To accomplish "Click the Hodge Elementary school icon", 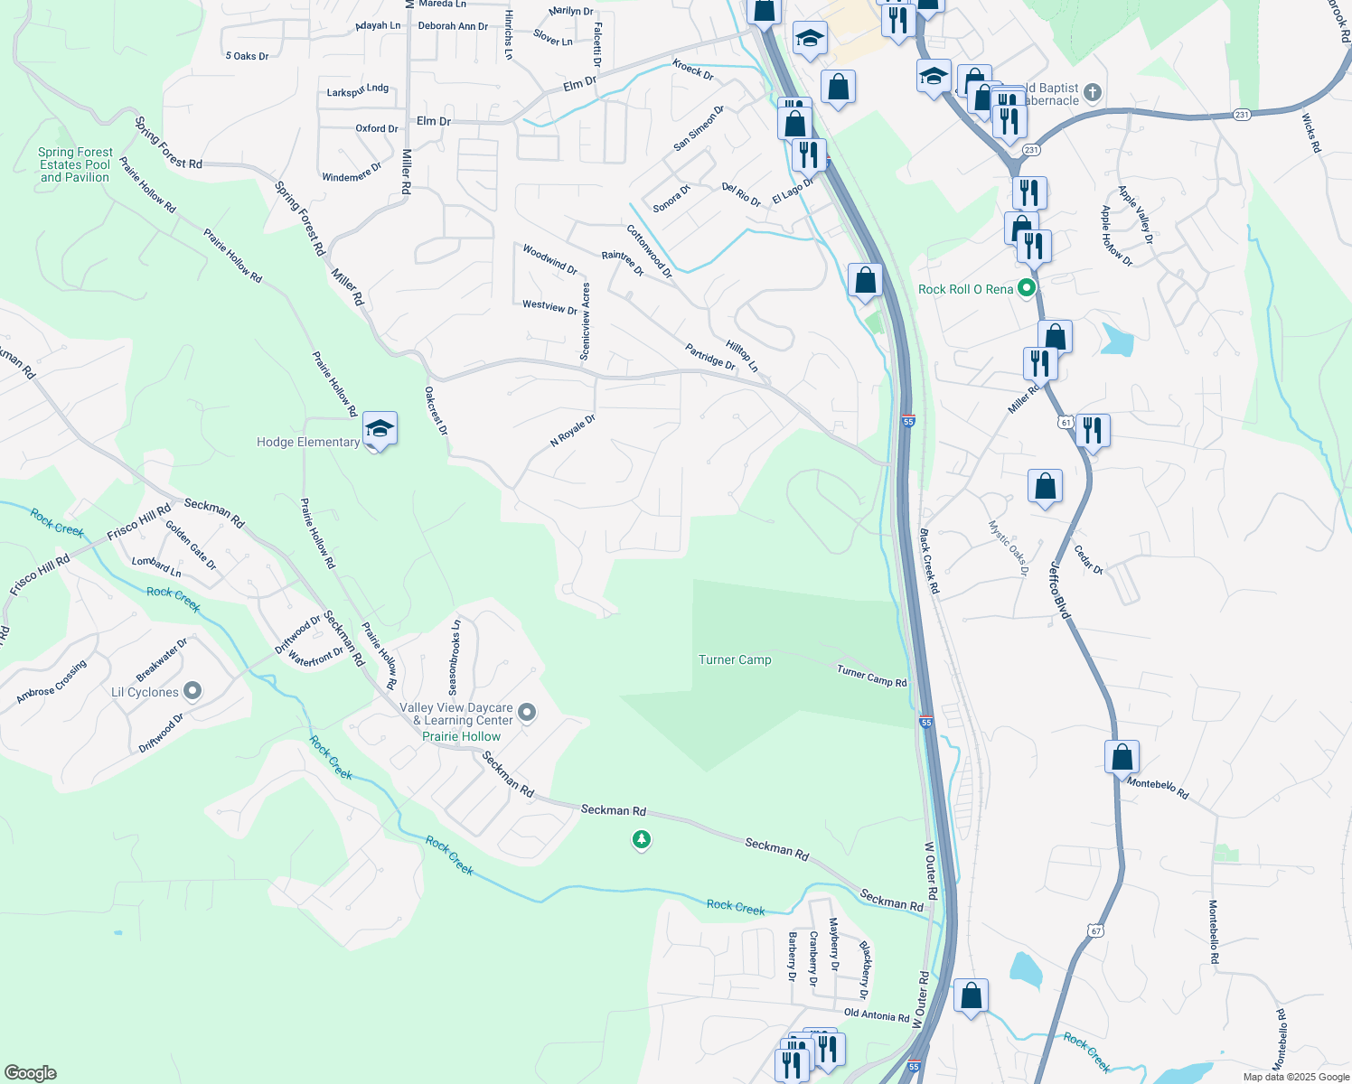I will point(380,429).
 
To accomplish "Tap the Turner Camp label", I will point(735,660).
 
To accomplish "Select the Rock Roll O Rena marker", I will point(1026,289).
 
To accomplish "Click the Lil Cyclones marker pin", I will point(192,692).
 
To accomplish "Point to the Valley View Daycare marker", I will point(528,714).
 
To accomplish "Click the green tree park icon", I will point(642,841).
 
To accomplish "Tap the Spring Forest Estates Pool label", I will point(75,165).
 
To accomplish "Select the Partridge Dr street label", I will point(709,356).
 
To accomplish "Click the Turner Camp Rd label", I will point(871,676).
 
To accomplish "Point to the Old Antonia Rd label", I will point(876,1016).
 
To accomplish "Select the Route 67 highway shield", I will point(1096,930).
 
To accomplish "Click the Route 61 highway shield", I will point(1066,422).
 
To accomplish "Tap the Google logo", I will point(30,1073).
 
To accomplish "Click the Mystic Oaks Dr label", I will point(1008,547).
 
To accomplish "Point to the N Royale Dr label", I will point(573,430).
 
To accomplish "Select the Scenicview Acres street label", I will point(586,322).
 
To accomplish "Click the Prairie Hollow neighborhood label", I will point(461,736).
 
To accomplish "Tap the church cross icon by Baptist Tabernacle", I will point(1092,92).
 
